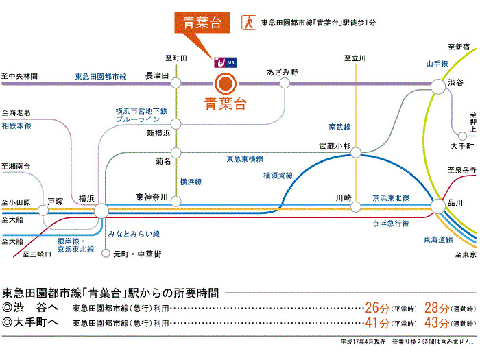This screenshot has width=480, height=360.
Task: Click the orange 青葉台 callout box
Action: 197,22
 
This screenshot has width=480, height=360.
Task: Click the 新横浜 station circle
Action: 176,124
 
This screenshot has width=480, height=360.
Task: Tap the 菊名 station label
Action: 162,162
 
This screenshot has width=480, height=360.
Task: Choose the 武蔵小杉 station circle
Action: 356,155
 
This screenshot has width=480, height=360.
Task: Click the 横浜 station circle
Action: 101,210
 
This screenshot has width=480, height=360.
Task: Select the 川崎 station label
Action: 344,197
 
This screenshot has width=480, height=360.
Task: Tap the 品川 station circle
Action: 437,205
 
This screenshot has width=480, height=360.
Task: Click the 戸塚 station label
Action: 56,202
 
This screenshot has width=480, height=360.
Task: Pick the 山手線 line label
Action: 436,64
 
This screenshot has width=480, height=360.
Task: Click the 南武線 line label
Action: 339,128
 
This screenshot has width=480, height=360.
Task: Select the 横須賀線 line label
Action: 278,176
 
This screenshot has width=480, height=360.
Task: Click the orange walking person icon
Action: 247,22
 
